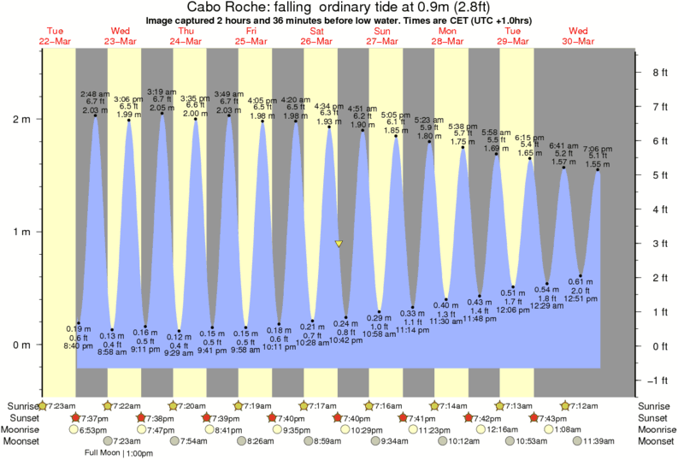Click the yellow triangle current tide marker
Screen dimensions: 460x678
pos(339,244)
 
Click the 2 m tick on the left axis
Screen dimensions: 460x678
pos(27,119)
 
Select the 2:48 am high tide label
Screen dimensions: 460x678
pos(94,92)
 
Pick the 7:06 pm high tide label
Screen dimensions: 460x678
pos(597,148)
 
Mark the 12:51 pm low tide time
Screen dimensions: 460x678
pos(581,299)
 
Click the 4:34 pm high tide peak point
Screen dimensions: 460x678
pos(329,127)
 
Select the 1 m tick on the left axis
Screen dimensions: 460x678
pos(27,232)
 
